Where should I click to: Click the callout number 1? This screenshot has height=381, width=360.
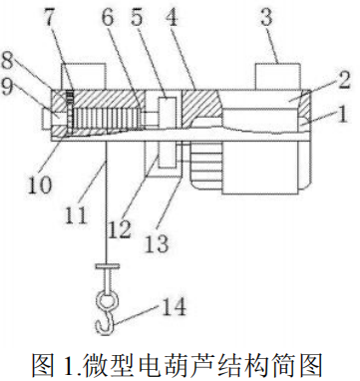tap(340, 114)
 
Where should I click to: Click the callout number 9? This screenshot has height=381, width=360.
tap(8, 86)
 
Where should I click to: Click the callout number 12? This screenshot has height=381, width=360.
tap(119, 228)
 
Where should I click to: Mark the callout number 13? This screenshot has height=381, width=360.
tap(157, 243)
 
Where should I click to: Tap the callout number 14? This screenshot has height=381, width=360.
tap(174, 306)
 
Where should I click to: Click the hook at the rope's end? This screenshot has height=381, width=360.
tap(105, 323)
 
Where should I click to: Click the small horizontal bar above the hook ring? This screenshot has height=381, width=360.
tap(107, 266)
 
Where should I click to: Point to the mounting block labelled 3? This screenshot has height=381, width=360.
tap(278, 77)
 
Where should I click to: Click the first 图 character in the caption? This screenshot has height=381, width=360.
tap(42, 365)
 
